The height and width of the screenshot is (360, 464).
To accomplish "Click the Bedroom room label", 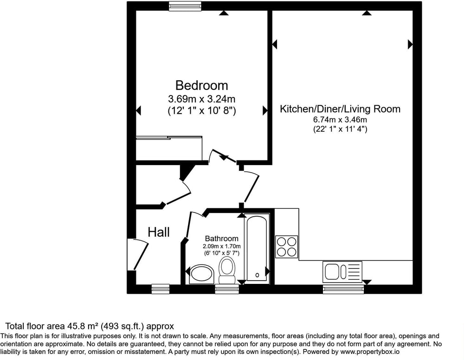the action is point(201,85).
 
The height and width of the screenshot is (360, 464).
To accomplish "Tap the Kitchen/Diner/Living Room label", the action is point(340,109).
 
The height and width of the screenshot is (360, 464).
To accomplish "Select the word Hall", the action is point(159,232).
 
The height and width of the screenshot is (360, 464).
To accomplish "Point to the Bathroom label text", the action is point(222,238).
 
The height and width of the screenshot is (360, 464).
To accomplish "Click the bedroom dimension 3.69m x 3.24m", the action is point(201,98).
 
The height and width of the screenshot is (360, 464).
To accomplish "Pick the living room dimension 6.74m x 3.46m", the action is point(340,120).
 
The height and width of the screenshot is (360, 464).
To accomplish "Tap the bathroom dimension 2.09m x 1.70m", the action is point(222,246).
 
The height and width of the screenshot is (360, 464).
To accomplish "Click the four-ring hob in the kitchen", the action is point(286,247).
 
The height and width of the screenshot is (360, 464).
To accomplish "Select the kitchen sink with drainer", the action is point(342,272).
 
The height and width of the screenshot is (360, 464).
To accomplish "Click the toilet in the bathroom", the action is point(227,270).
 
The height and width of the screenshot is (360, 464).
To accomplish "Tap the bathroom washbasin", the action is point(202,274).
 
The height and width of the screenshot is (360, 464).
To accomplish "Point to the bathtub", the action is point(257,248).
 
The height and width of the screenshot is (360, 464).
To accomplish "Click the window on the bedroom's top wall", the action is point(185,6).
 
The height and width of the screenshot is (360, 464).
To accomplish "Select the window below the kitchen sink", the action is point(343,289).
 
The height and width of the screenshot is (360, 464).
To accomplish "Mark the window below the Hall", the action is point(161,289).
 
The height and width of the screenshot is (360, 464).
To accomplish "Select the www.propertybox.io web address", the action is point(370,352).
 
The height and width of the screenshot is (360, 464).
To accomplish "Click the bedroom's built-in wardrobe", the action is point(169,148).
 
